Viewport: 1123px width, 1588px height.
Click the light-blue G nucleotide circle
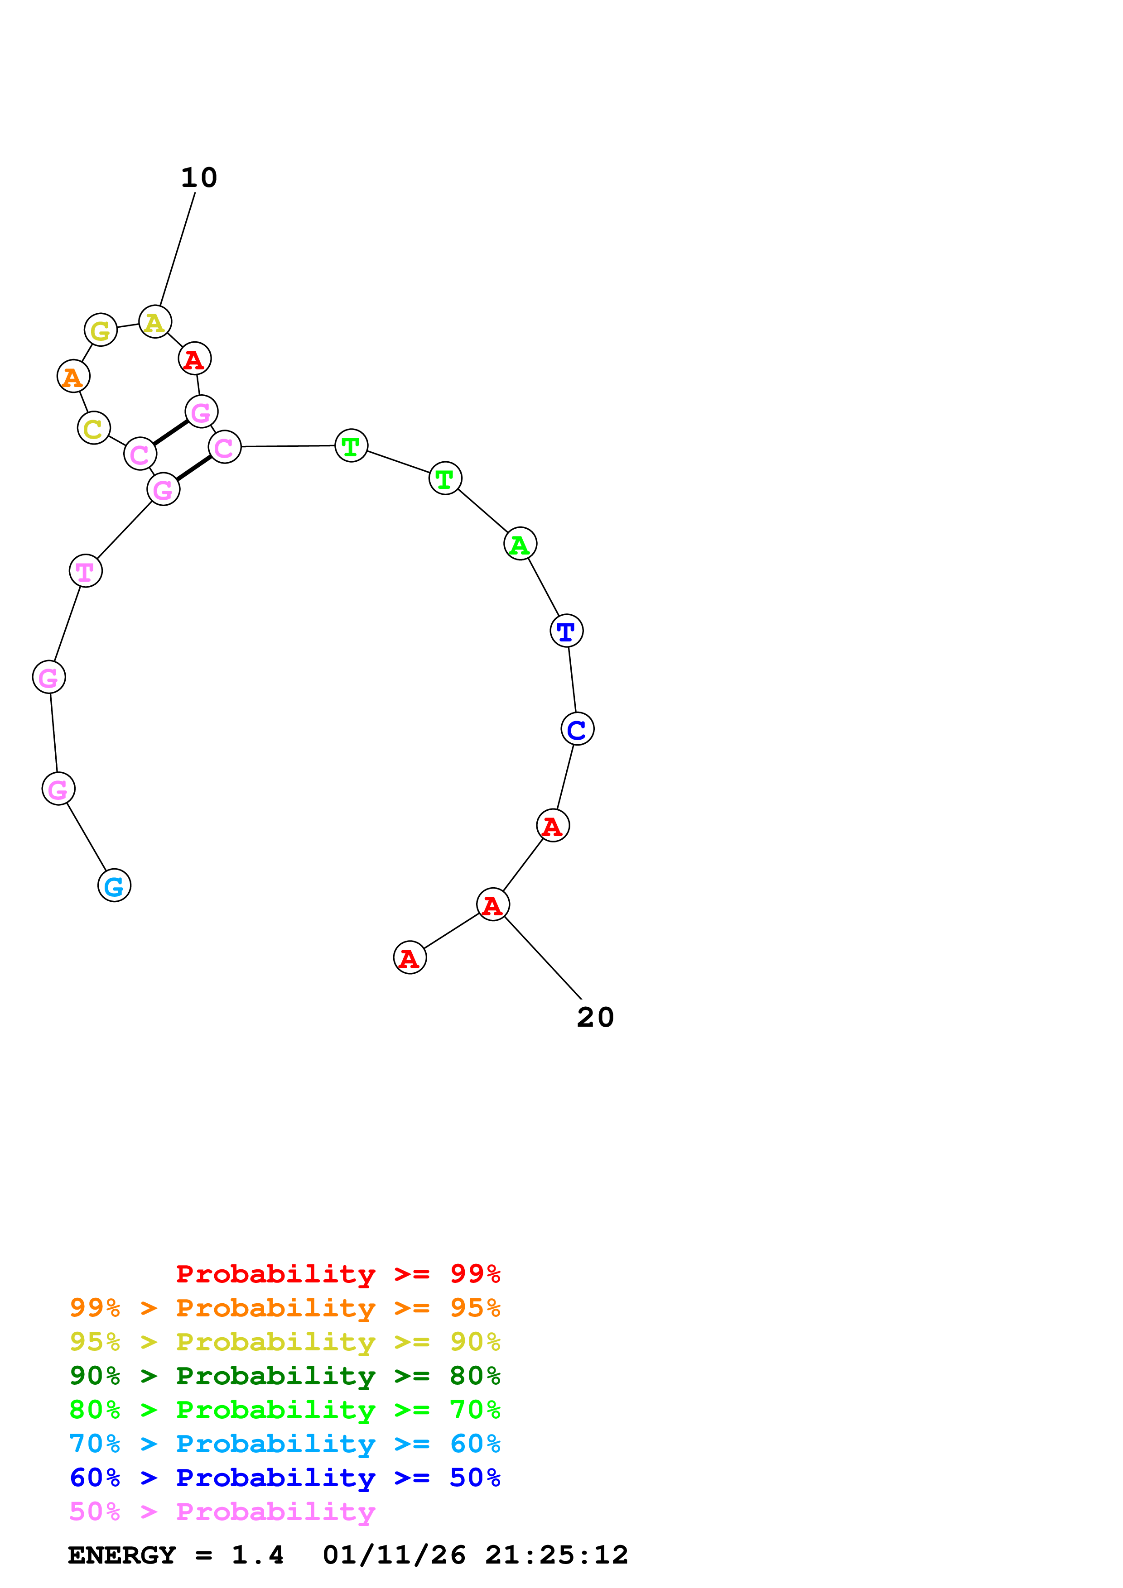[114, 885]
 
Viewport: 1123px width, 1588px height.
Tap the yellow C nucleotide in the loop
[93, 428]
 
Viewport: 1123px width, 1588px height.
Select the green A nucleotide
[520, 544]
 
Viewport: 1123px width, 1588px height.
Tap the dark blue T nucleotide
[566, 631]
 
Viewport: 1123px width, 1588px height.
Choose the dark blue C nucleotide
[577, 729]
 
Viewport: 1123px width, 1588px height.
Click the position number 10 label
[198, 178]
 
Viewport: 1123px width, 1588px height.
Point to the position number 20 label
[595, 1018]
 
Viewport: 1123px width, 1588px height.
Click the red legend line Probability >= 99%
[337, 1274]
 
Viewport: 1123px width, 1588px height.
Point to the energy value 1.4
[257, 1555]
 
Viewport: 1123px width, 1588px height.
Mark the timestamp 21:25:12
[556, 1555]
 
